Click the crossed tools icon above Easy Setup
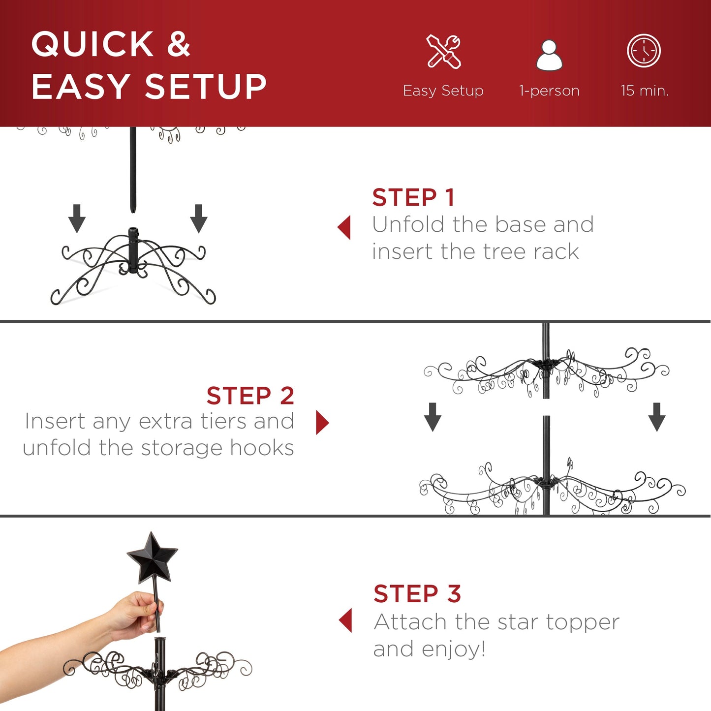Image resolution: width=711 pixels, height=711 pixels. pyautogui.click(x=443, y=51)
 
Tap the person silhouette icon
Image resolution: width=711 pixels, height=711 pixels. pyautogui.click(x=549, y=55)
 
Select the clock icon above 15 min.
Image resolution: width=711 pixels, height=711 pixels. pyautogui.click(x=644, y=51)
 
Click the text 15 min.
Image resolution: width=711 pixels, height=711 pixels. pyautogui.click(x=645, y=91)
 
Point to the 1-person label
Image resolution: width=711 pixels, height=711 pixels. pyautogui.click(x=549, y=91)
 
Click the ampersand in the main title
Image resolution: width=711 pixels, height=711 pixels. pyautogui.click(x=178, y=44)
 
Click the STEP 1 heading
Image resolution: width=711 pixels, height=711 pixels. pyautogui.click(x=413, y=198)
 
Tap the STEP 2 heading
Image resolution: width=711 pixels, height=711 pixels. pyautogui.click(x=250, y=396)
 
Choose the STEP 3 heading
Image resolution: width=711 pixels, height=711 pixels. pyautogui.click(x=417, y=593)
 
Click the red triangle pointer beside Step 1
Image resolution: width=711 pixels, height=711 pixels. pyautogui.click(x=345, y=227)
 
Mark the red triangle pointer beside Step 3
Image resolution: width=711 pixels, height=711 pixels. pyautogui.click(x=346, y=620)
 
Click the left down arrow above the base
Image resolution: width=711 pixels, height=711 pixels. pyautogui.click(x=77, y=218)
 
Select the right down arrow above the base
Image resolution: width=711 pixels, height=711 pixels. pyautogui.click(x=199, y=218)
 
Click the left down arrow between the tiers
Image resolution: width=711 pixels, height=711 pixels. pyautogui.click(x=433, y=417)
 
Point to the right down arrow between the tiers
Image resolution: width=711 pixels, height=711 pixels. pyautogui.click(x=657, y=417)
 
